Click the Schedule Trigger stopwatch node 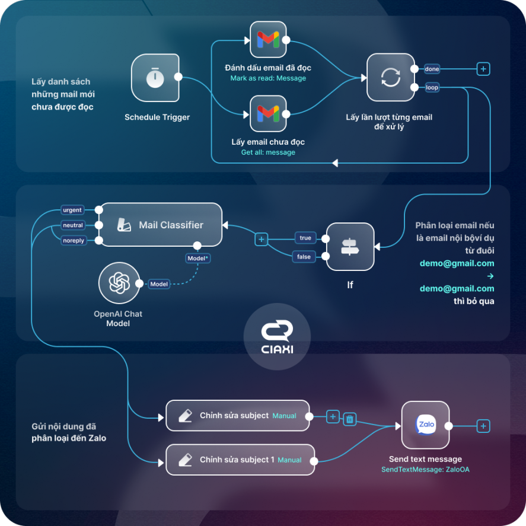(x=155, y=78)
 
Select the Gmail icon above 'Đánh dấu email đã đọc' (x=268, y=40)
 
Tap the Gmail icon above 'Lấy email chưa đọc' (x=268, y=113)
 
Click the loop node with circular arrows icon (x=390, y=77)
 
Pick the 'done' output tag (x=432, y=69)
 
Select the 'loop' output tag (x=432, y=87)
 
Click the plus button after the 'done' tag (x=483, y=69)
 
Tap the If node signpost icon (x=350, y=247)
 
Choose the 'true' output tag (x=305, y=238)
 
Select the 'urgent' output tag (x=72, y=210)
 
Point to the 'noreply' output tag (x=74, y=240)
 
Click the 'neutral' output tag (x=73, y=225)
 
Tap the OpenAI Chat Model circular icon (x=119, y=283)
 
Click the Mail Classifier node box (x=161, y=225)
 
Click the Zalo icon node (x=425, y=425)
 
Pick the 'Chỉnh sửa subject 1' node (x=240, y=460)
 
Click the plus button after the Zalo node (x=483, y=426)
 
